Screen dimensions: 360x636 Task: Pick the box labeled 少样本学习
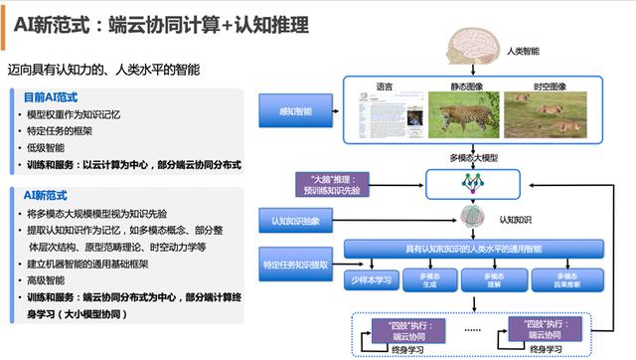[x=373, y=278]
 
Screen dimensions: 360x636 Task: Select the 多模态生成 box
[x=432, y=278]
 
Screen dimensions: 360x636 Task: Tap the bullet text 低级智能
[x=49, y=147]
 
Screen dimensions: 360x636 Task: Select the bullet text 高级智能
[x=49, y=280]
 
